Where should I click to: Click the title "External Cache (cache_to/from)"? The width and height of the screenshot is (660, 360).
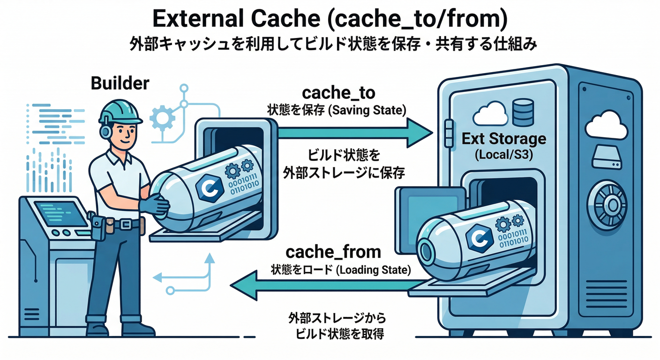pos(330,20)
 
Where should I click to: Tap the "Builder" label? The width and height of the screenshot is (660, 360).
pos(120,83)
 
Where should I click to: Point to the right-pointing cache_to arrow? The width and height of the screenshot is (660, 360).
pos(356,133)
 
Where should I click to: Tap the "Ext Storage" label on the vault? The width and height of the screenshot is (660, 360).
pos(504,139)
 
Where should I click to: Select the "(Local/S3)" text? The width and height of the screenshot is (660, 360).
pos(504,154)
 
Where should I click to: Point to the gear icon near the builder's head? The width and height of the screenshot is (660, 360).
pos(162,117)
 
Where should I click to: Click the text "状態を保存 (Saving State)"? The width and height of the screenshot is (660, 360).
pos(336,110)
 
